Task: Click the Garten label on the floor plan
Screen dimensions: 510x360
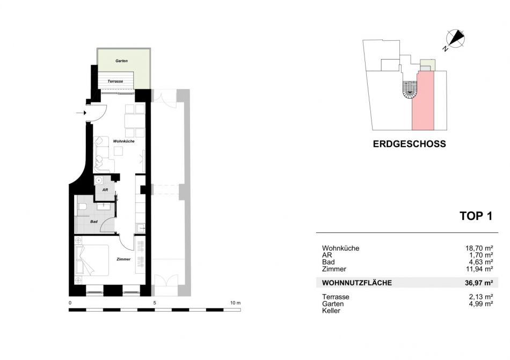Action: point(122,61)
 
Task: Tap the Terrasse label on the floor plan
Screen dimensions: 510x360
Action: point(115,81)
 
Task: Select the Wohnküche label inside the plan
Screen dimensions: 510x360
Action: point(123,141)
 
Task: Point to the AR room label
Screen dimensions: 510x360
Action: point(105,190)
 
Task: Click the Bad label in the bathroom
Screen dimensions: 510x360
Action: point(94,222)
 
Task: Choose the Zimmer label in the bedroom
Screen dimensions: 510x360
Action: point(123,259)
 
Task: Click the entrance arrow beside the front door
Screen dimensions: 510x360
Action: point(81,113)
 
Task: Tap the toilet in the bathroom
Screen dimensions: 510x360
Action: point(82,207)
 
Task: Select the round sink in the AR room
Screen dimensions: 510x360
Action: point(99,180)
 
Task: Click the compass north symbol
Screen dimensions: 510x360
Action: point(455,39)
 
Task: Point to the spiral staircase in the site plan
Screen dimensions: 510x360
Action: point(410,90)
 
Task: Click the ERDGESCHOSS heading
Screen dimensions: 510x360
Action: point(409,144)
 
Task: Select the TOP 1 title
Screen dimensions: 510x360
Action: point(476,216)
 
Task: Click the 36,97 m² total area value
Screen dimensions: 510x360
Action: point(479,283)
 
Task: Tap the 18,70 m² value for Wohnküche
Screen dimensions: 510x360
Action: point(479,248)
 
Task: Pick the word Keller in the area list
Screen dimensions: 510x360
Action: point(331,311)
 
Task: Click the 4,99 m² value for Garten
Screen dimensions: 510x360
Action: point(480,304)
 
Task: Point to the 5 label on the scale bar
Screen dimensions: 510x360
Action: point(155,303)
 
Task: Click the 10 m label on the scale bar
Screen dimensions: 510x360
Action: point(236,303)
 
